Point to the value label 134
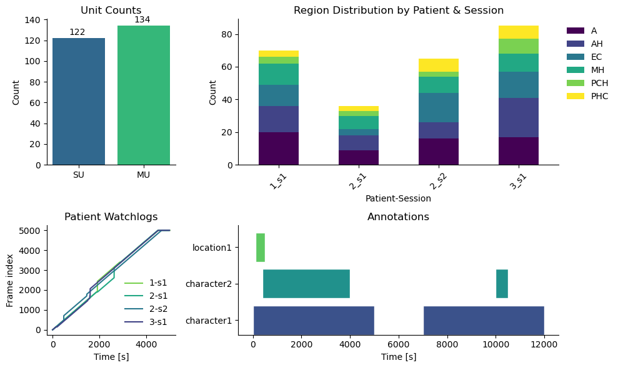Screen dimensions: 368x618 pyautogui.click(x=142, y=20)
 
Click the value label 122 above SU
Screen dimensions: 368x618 pyautogui.click(x=77, y=32)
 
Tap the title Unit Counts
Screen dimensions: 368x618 pyautogui.click(x=111, y=10)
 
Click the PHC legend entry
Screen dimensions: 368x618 pyautogui.click(x=587, y=96)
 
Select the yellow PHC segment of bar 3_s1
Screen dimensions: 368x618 pyautogui.click(x=519, y=32)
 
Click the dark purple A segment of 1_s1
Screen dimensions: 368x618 pyautogui.click(x=279, y=148)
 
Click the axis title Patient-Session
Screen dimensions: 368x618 pyautogui.click(x=398, y=199)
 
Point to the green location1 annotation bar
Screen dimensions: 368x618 pyautogui.click(x=261, y=248)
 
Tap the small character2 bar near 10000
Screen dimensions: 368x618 pyautogui.click(x=502, y=284)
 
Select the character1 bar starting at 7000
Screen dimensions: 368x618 pyautogui.click(x=484, y=320)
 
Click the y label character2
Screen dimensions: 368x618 pyautogui.click(x=208, y=284)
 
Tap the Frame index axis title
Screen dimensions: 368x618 pyautogui.click(x=10, y=279)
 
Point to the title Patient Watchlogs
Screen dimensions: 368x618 pyautogui.click(x=111, y=217)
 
